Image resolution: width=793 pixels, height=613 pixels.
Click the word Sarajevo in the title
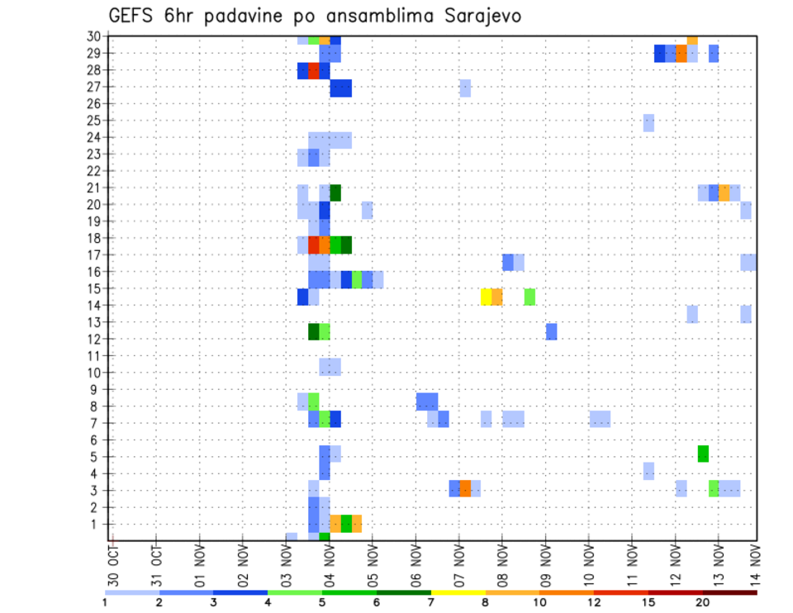point(475,16)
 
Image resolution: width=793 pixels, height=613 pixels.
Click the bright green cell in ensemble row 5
point(703,454)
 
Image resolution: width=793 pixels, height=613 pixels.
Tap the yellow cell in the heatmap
point(487,297)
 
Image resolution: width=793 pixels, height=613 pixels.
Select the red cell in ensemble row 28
point(314,70)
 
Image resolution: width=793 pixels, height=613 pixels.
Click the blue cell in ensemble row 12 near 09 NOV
point(551,331)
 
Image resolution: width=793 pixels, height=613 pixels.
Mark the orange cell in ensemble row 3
point(465,488)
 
